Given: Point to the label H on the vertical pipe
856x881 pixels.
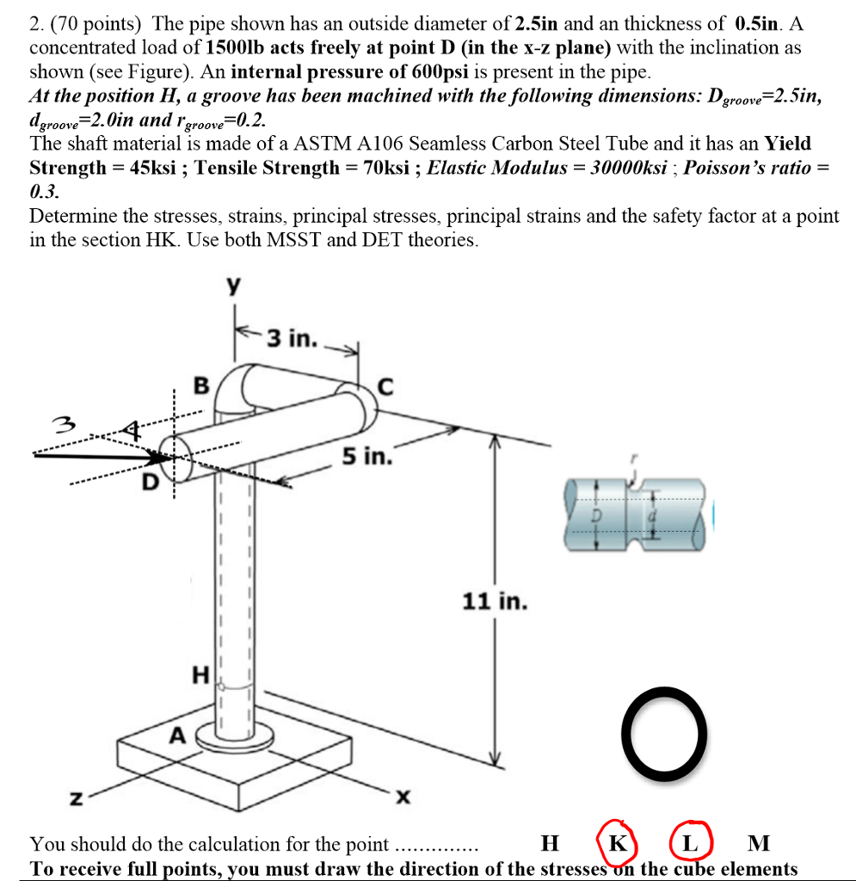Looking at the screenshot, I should pyautogui.click(x=201, y=676).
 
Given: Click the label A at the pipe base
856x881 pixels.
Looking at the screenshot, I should pyautogui.click(x=177, y=736).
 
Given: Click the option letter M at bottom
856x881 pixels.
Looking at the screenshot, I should pyautogui.click(x=760, y=842).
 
